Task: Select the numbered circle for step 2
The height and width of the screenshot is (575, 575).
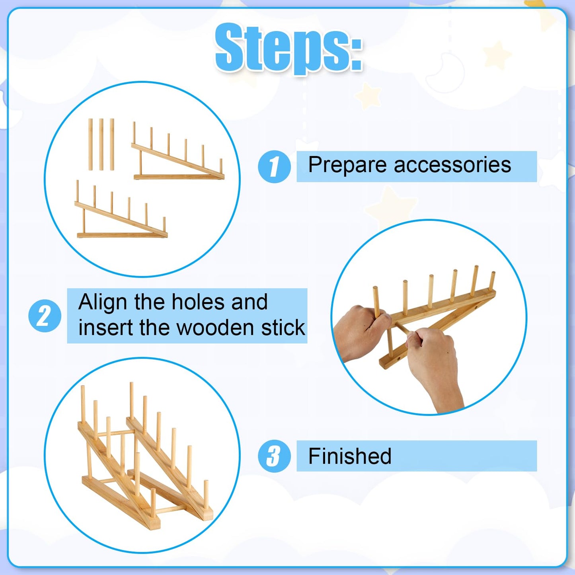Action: pyautogui.click(x=45, y=316)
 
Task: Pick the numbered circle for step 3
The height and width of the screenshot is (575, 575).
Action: pyautogui.click(x=274, y=456)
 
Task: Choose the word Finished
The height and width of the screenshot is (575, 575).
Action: pyautogui.click(x=350, y=456)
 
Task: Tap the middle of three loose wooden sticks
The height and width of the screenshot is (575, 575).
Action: pyautogui.click(x=101, y=144)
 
